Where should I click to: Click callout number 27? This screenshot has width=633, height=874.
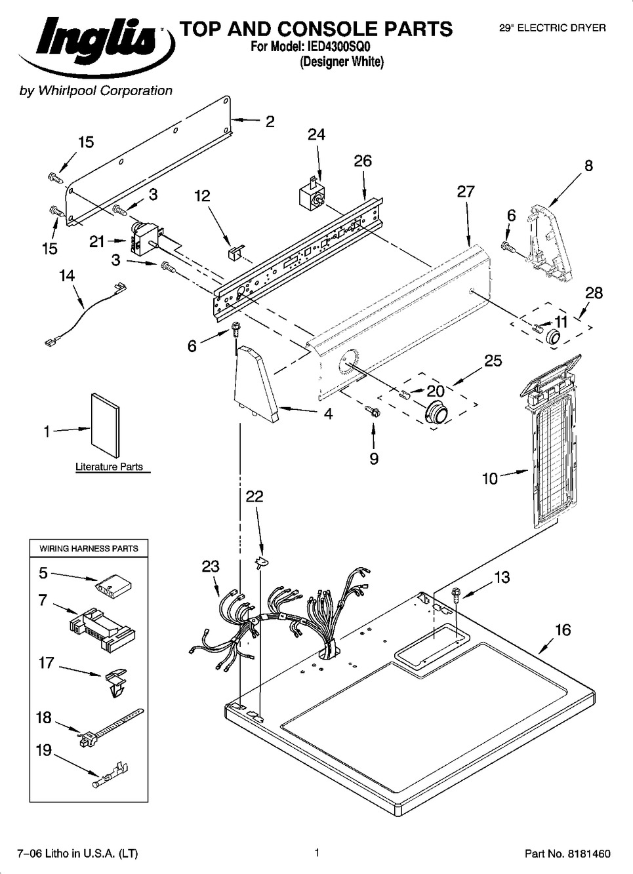pos(466,191)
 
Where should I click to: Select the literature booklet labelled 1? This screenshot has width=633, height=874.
pos(106,426)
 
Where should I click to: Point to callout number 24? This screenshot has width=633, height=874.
pos(316,134)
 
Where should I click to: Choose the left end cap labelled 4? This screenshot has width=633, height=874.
pos(258,384)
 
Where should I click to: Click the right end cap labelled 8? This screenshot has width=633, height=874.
pos(550,243)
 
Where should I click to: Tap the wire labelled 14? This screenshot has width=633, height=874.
pos(84,313)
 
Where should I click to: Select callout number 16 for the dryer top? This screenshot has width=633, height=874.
pos(563,630)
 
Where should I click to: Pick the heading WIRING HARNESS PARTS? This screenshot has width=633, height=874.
pos(89,548)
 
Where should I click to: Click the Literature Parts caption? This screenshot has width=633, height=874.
pos(109,467)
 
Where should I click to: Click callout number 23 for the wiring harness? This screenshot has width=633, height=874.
pos(211,566)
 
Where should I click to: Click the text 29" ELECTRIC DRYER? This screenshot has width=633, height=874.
pos(552,28)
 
